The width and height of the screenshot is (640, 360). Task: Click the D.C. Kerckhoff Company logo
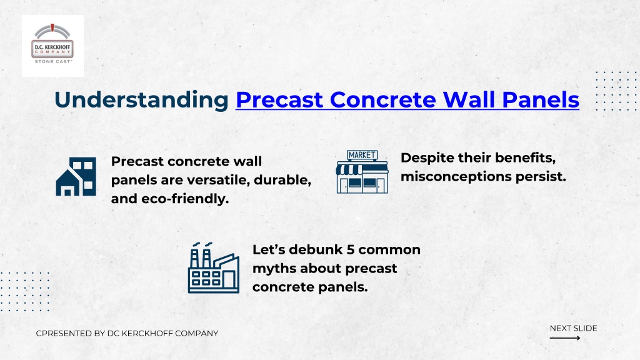coord(52,46)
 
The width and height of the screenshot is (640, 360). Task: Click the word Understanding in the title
coord(141,100)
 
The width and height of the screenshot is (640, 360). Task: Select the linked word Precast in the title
coord(279,100)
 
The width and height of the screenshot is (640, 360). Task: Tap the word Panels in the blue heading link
coord(541,100)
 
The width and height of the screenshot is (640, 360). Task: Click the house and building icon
coord(76,176)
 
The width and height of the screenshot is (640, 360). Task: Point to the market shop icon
coord(362,172)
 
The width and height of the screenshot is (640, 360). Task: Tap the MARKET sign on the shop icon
coord(362,155)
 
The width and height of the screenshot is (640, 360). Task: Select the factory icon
coord(214,267)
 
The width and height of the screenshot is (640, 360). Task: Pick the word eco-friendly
coord(185,199)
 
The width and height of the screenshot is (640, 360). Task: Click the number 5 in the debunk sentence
coord(350,249)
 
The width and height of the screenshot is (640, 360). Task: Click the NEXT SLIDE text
coord(573,328)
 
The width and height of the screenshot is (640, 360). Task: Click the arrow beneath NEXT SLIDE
coord(565,338)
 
